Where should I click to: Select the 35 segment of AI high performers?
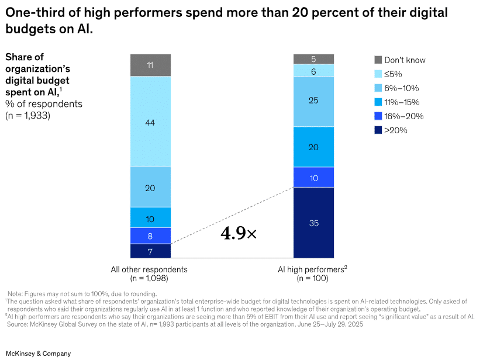[x=313, y=222]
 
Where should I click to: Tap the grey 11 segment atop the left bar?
[x=150, y=65]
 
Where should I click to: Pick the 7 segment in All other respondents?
[x=150, y=251]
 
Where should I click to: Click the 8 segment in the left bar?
[x=150, y=236]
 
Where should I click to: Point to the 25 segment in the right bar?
[x=313, y=101]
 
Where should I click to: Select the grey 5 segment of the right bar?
[x=313, y=58]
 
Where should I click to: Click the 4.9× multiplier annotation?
[x=239, y=234]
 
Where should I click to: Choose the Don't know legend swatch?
[x=378, y=60]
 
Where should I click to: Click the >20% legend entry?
[x=396, y=130]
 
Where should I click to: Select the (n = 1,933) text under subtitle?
[x=27, y=115]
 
